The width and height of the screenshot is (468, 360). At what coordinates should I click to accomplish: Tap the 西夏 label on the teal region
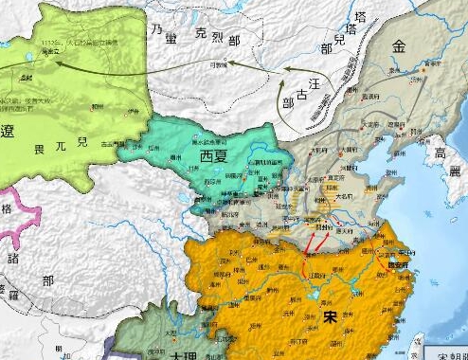click(x=213, y=154)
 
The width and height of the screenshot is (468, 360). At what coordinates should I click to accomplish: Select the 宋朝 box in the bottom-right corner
click(x=445, y=352)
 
